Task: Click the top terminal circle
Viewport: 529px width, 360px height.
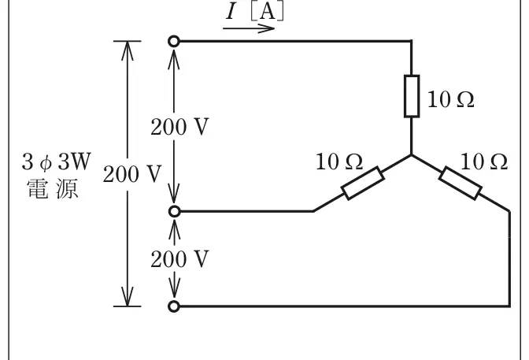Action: (x=174, y=41)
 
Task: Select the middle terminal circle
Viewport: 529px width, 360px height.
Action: (x=174, y=211)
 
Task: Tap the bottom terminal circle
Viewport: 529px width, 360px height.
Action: (x=174, y=306)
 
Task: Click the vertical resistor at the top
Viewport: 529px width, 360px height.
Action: (x=412, y=96)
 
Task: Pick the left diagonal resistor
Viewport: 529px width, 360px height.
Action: (x=363, y=183)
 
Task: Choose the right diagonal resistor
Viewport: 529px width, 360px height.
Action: (x=460, y=183)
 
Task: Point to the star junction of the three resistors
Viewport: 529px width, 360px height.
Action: (x=411, y=155)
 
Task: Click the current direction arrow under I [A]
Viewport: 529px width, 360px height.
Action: (x=249, y=28)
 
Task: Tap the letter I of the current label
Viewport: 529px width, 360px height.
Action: (x=231, y=12)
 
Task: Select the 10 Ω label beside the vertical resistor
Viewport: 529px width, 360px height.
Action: (x=451, y=99)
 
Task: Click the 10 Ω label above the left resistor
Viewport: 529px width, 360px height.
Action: (x=339, y=161)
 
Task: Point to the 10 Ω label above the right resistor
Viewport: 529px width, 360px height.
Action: (x=484, y=161)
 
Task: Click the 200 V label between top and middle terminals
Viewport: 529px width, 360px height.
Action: (x=179, y=127)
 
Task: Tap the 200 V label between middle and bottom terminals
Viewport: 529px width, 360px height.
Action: (x=179, y=259)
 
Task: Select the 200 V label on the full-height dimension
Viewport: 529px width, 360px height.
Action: (x=132, y=174)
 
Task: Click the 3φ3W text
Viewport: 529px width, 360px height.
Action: (x=57, y=161)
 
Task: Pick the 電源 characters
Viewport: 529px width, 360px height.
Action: (x=52, y=188)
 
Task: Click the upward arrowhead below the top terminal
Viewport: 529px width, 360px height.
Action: (x=174, y=58)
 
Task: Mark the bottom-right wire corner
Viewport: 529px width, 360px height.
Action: (x=509, y=306)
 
